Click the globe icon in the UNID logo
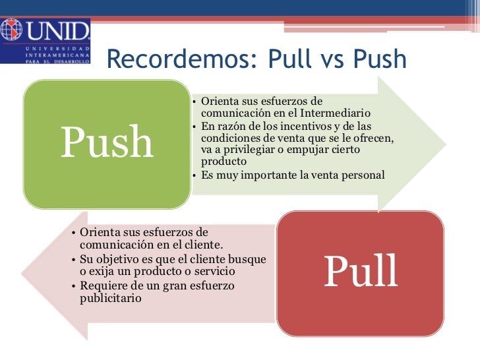[11, 30]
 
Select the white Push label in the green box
[107, 141]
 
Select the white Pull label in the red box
[361, 271]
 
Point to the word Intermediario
[335, 113]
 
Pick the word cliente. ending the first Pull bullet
[204, 244]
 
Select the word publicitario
[111, 298]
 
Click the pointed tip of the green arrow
[446, 144]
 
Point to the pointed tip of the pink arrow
[21, 274]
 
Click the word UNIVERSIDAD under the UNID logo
[58, 48]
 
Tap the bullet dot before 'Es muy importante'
[194, 175]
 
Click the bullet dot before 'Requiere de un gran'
[73, 286]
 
